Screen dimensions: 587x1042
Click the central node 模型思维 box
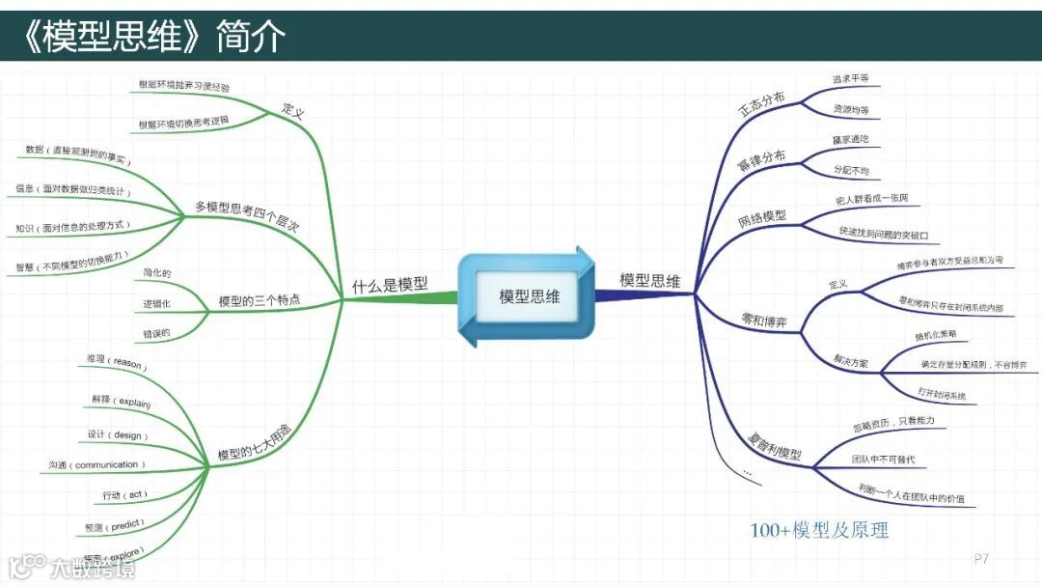(529, 296)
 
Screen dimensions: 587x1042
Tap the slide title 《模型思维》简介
(154, 36)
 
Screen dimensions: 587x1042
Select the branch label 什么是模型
(389, 285)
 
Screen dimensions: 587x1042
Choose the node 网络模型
(762, 217)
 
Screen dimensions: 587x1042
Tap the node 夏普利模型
(776, 447)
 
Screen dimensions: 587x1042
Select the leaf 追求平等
(850, 79)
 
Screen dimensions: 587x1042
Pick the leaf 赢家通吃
(850, 140)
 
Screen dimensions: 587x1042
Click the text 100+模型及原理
(819, 530)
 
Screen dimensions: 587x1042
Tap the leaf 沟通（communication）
(96, 465)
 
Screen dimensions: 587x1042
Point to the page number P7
(981, 558)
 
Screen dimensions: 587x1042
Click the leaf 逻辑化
(157, 303)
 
